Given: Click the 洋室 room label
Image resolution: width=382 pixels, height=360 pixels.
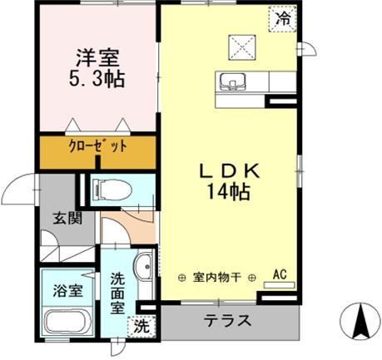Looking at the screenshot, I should coord(97,60).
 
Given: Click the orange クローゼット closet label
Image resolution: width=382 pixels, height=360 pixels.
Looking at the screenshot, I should coord(98,147).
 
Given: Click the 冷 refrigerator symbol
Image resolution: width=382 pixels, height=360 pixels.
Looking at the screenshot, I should coord(284,17).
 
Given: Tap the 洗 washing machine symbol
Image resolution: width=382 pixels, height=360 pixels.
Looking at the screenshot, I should coord(141,326).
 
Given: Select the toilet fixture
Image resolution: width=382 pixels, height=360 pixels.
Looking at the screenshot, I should coord(108,189).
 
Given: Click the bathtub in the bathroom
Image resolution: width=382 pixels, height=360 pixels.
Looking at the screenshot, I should coord(69,322).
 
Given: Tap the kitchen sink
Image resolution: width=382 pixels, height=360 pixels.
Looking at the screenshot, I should coord(230,81).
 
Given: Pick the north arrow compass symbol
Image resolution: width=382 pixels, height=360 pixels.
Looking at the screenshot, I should coord(361,320).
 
